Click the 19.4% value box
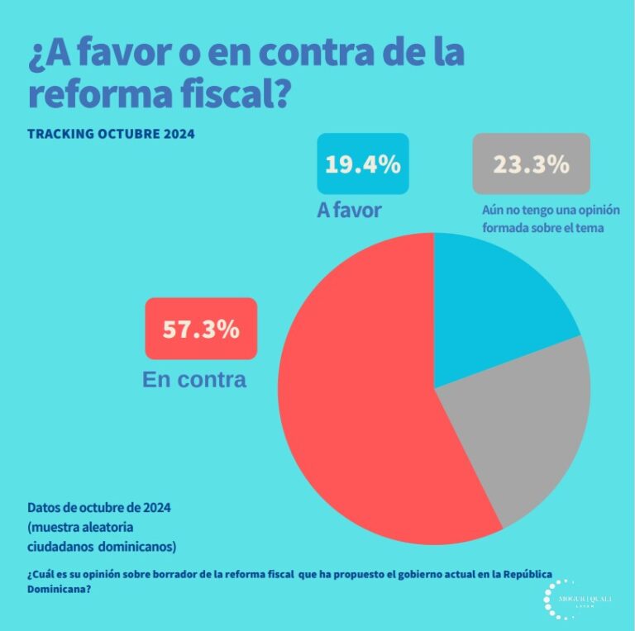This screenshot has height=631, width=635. point(362,164)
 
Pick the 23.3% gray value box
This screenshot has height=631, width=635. point(531,164)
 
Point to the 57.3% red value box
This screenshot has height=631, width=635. point(201,329)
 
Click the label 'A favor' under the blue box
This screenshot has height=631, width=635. point(349,210)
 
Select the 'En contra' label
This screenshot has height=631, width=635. point(194,379)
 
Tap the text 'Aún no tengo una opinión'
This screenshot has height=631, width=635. point(551,210)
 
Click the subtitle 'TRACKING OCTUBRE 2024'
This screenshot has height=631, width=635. point(111,133)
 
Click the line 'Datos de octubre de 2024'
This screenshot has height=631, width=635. point(104,507)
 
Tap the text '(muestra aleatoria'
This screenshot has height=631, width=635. point(81,527)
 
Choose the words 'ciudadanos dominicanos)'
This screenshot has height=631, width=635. point(102,546)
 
